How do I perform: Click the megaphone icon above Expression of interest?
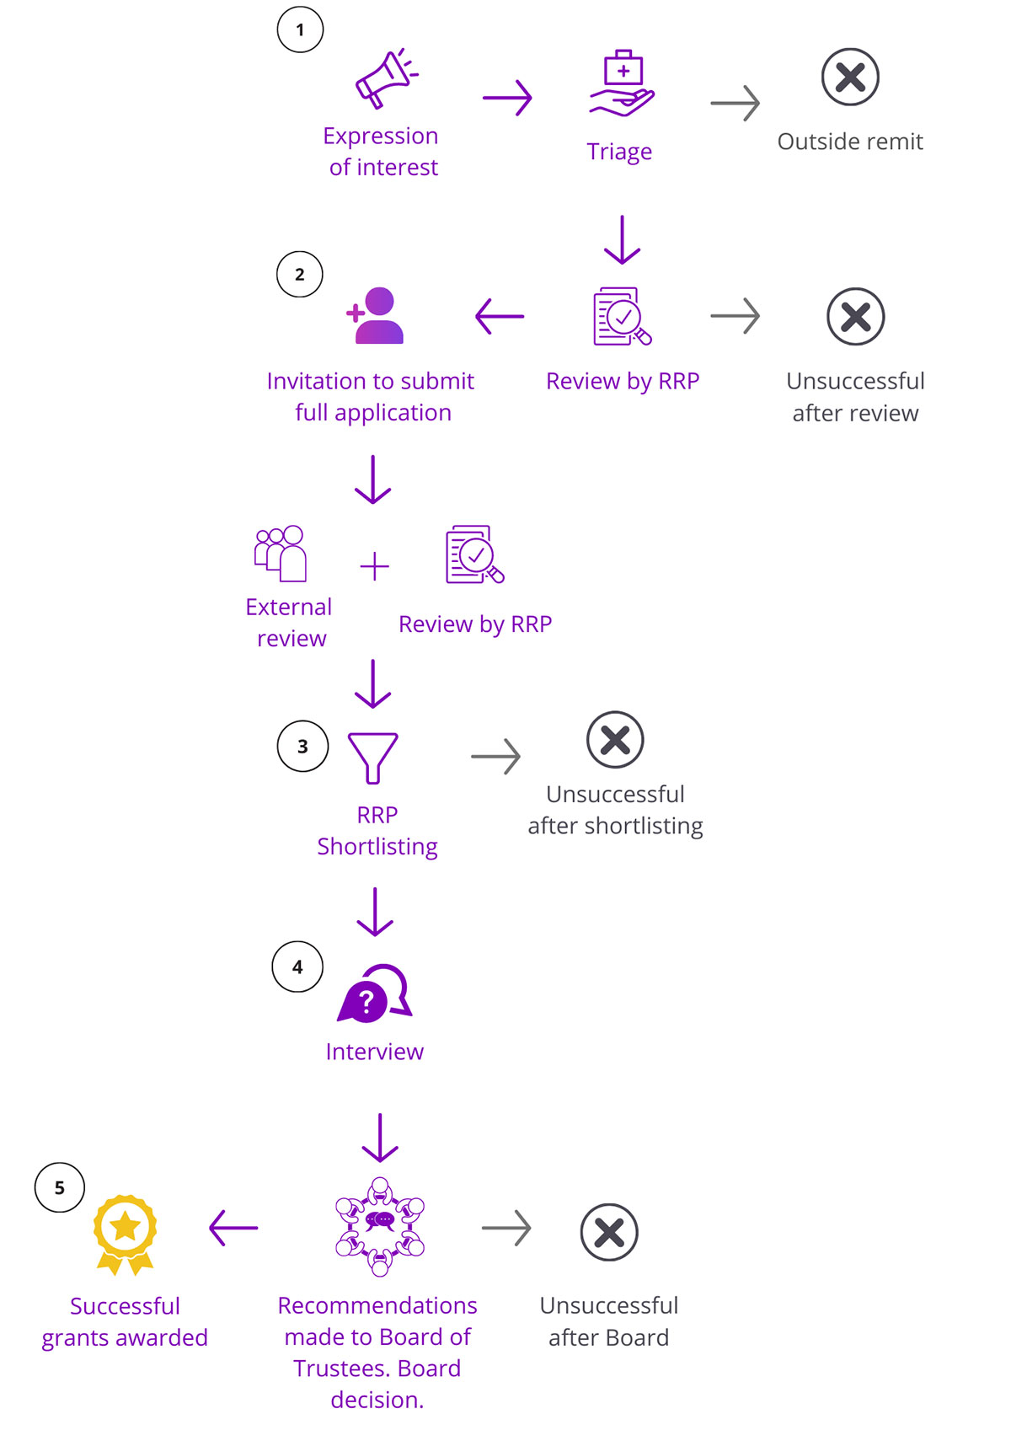386,78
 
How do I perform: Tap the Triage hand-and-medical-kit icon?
622,83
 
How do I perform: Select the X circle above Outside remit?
850,77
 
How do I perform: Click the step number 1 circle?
300,29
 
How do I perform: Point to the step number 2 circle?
300,274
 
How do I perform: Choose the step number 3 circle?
302,746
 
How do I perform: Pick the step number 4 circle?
297,967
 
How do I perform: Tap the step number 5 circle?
60,1187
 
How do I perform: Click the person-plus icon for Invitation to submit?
376,316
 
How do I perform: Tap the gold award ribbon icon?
125,1234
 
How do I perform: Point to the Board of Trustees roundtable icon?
380,1226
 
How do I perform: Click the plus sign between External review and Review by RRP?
374,566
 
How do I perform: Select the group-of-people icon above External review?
281,553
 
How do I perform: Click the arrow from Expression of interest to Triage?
507,98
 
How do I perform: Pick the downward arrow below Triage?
623,240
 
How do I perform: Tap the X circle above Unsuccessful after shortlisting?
615,740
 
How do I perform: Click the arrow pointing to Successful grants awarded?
233,1228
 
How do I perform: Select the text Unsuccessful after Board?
608,1321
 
